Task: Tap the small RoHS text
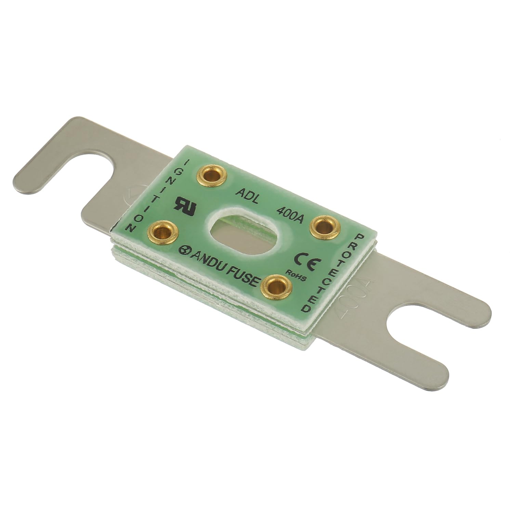point(295,274)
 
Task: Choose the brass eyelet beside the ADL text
point(212,176)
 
